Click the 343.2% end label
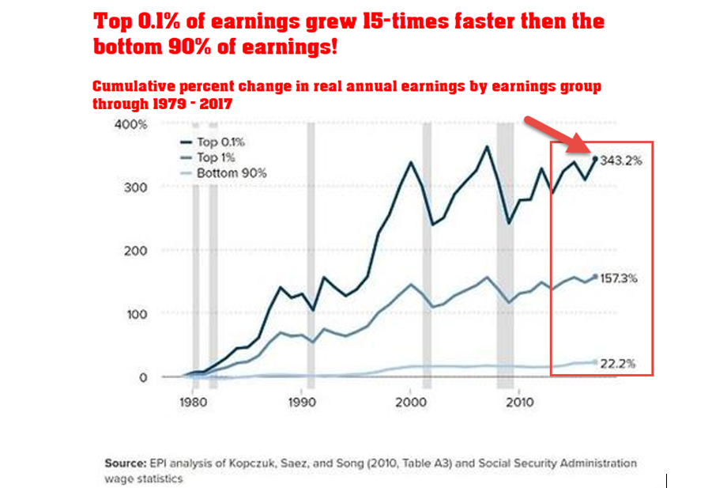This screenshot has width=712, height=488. [621, 161]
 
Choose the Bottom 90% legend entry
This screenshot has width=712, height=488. [232, 172]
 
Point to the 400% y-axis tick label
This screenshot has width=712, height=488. [131, 125]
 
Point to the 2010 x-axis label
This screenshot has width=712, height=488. [518, 400]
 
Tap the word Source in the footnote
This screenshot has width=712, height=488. [122, 463]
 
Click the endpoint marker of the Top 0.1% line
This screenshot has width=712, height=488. [595, 159]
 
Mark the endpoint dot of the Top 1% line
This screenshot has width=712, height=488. [595, 277]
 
